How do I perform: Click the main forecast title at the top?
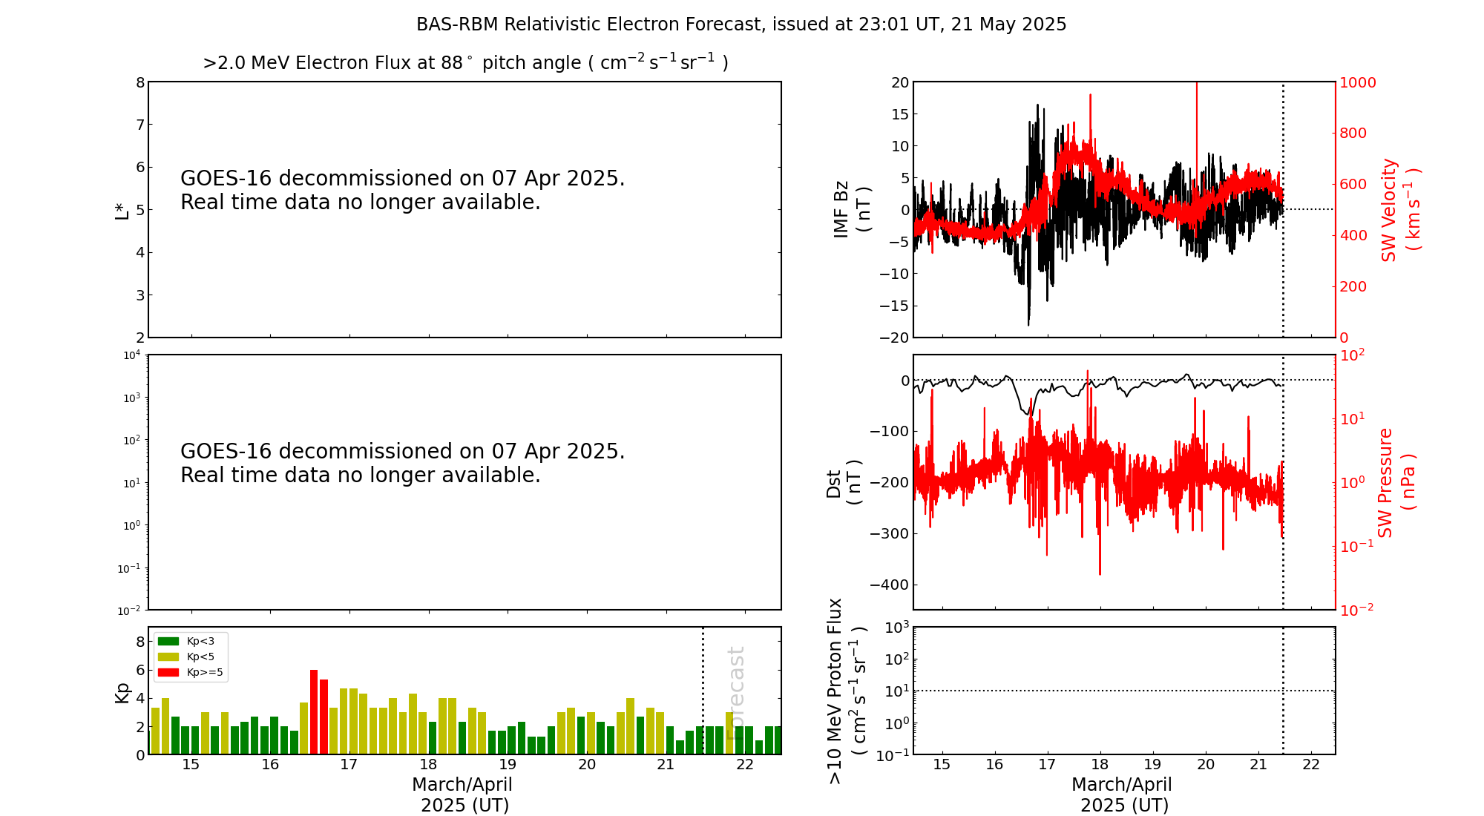[741, 24]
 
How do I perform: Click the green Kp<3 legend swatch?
[168, 641]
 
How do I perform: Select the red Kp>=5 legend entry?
[190, 673]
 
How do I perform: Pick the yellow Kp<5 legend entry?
[190, 657]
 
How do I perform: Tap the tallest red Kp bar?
[314, 711]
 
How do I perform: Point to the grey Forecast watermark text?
[735, 693]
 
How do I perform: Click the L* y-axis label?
[122, 210]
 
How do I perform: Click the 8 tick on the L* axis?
[139, 82]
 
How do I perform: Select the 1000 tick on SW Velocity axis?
[1356, 82]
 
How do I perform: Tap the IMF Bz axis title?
[851, 210]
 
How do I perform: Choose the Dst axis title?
[844, 483]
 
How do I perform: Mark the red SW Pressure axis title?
[1396, 483]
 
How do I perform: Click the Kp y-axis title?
[122, 693]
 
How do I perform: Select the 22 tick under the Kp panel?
[744, 765]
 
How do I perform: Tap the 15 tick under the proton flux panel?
[942, 765]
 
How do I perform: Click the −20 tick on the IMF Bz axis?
[894, 338]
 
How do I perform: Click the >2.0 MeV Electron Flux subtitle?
[465, 63]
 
